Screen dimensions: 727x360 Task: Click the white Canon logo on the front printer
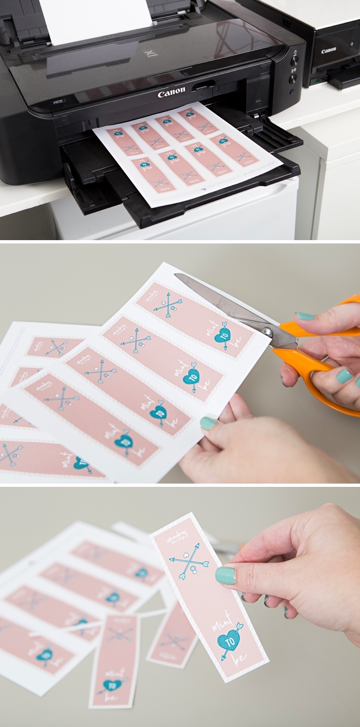pyautogui.click(x=171, y=93)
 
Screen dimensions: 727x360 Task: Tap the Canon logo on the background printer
pyautogui.click(x=328, y=50)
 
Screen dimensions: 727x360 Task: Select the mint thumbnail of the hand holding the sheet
pyautogui.click(x=208, y=423)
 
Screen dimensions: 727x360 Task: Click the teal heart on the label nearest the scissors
pyautogui.click(x=222, y=337)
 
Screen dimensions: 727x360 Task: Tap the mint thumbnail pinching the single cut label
pyautogui.click(x=225, y=575)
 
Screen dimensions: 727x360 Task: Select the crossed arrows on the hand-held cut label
pyautogui.click(x=189, y=562)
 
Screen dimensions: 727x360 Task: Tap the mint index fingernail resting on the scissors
pyautogui.click(x=306, y=316)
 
